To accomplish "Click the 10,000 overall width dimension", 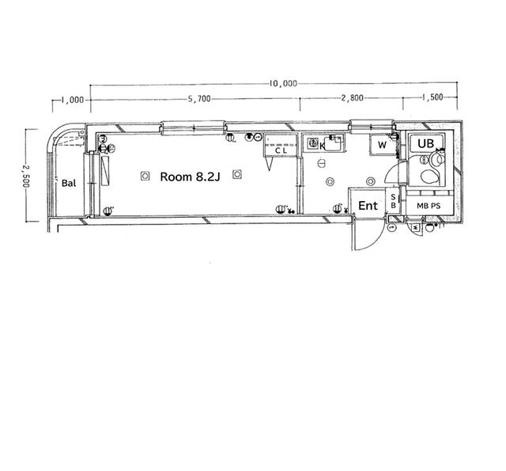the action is pyautogui.click(x=283, y=84).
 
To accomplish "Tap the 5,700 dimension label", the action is pyautogui.click(x=199, y=99).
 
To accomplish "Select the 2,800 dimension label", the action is pyautogui.click(x=353, y=97).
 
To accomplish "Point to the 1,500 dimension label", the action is pyautogui.click(x=432, y=97).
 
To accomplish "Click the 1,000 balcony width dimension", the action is pyautogui.click(x=73, y=101).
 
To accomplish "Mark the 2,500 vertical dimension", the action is pyautogui.click(x=26, y=176).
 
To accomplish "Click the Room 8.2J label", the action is pyautogui.click(x=190, y=177).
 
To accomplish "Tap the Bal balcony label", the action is pyautogui.click(x=69, y=183).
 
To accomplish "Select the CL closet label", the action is pyautogui.click(x=281, y=150).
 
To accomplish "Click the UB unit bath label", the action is pyautogui.click(x=425, y=143).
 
